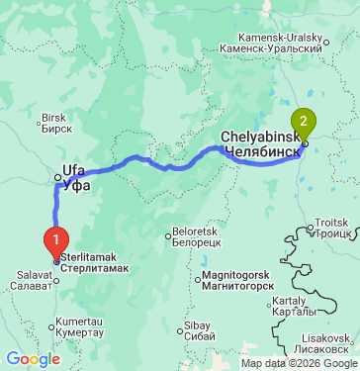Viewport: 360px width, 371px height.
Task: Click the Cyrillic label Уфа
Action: tap(76, 184)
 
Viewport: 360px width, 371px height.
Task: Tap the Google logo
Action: tap(33, 358)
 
